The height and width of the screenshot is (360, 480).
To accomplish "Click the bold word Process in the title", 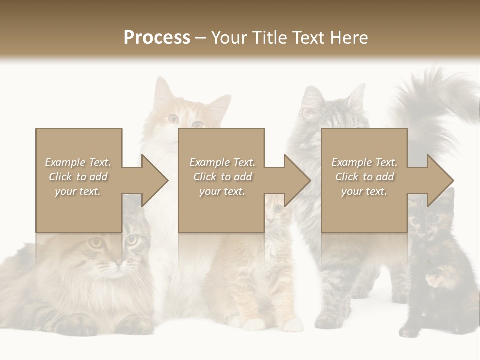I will (157, 38).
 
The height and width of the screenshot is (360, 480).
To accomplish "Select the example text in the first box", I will (78, 177).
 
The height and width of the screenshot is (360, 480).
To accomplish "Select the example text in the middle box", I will (222, 177).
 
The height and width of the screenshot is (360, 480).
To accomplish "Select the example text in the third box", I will (364, 177).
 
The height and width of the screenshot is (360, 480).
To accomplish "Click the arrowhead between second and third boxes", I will (296, 180).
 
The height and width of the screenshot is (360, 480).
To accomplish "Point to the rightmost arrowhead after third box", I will (439, 180).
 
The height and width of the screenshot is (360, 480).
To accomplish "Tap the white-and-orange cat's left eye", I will (173, 118).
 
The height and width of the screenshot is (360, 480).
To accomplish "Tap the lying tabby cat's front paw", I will (75, 325).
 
